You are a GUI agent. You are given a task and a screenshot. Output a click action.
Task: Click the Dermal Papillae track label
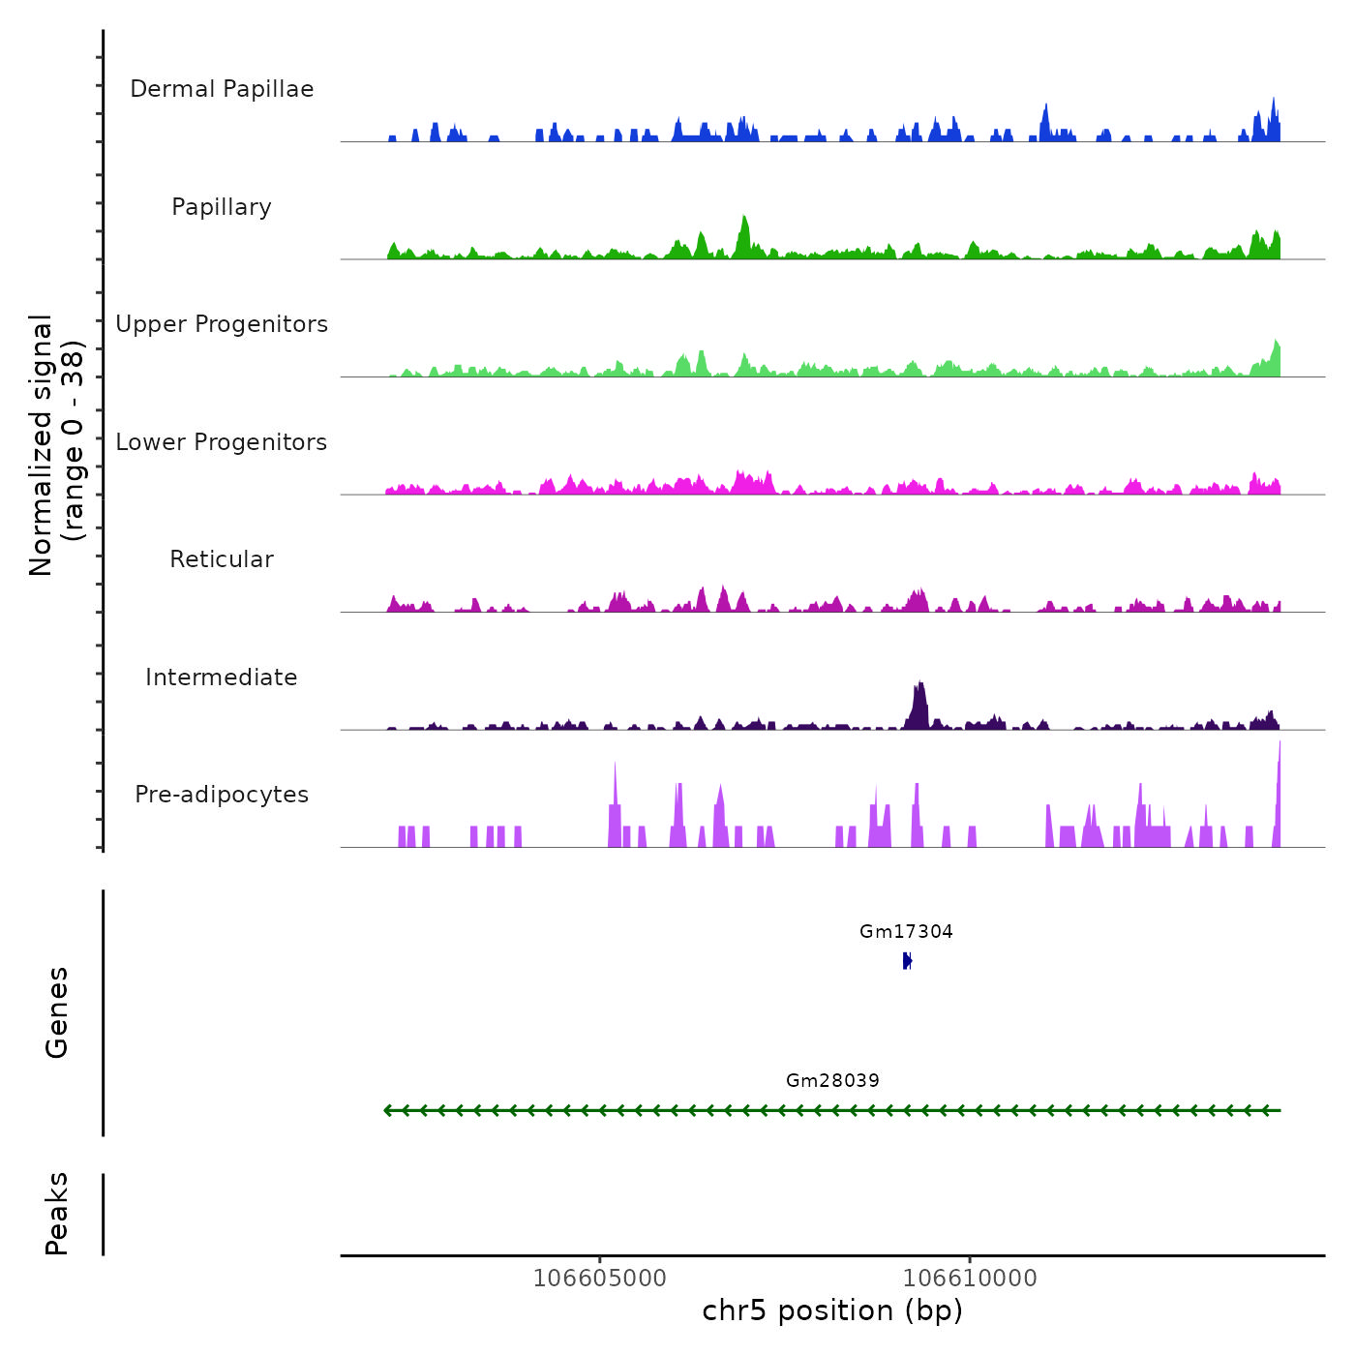tap(222, 89)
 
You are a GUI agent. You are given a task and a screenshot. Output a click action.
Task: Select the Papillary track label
tap(222, 207)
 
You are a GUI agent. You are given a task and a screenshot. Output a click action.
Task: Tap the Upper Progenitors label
tap(222, 324)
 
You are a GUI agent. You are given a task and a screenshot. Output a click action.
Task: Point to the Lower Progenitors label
tap(222, 442)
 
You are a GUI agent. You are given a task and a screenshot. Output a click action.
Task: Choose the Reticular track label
tap(222, 559)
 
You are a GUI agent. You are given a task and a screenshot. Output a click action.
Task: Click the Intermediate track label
tap(222, 677)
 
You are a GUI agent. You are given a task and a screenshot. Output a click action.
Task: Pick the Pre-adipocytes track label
tap(222, 795)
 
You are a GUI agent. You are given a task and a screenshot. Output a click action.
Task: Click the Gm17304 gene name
tap(906, 932)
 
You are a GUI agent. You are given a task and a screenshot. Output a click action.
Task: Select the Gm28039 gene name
tap(832, 1081)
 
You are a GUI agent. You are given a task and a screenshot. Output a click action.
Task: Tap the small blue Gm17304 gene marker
tap(907, 960)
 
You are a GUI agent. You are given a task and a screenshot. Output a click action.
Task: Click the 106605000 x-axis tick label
tap(600, 1279)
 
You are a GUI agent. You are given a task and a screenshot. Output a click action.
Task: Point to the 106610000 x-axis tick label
tap(970, 1279)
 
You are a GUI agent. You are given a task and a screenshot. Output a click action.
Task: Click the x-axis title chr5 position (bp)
tap(832, 1311)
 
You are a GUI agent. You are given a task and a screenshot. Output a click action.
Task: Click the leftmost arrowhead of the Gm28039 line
tap(388, 1110)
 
